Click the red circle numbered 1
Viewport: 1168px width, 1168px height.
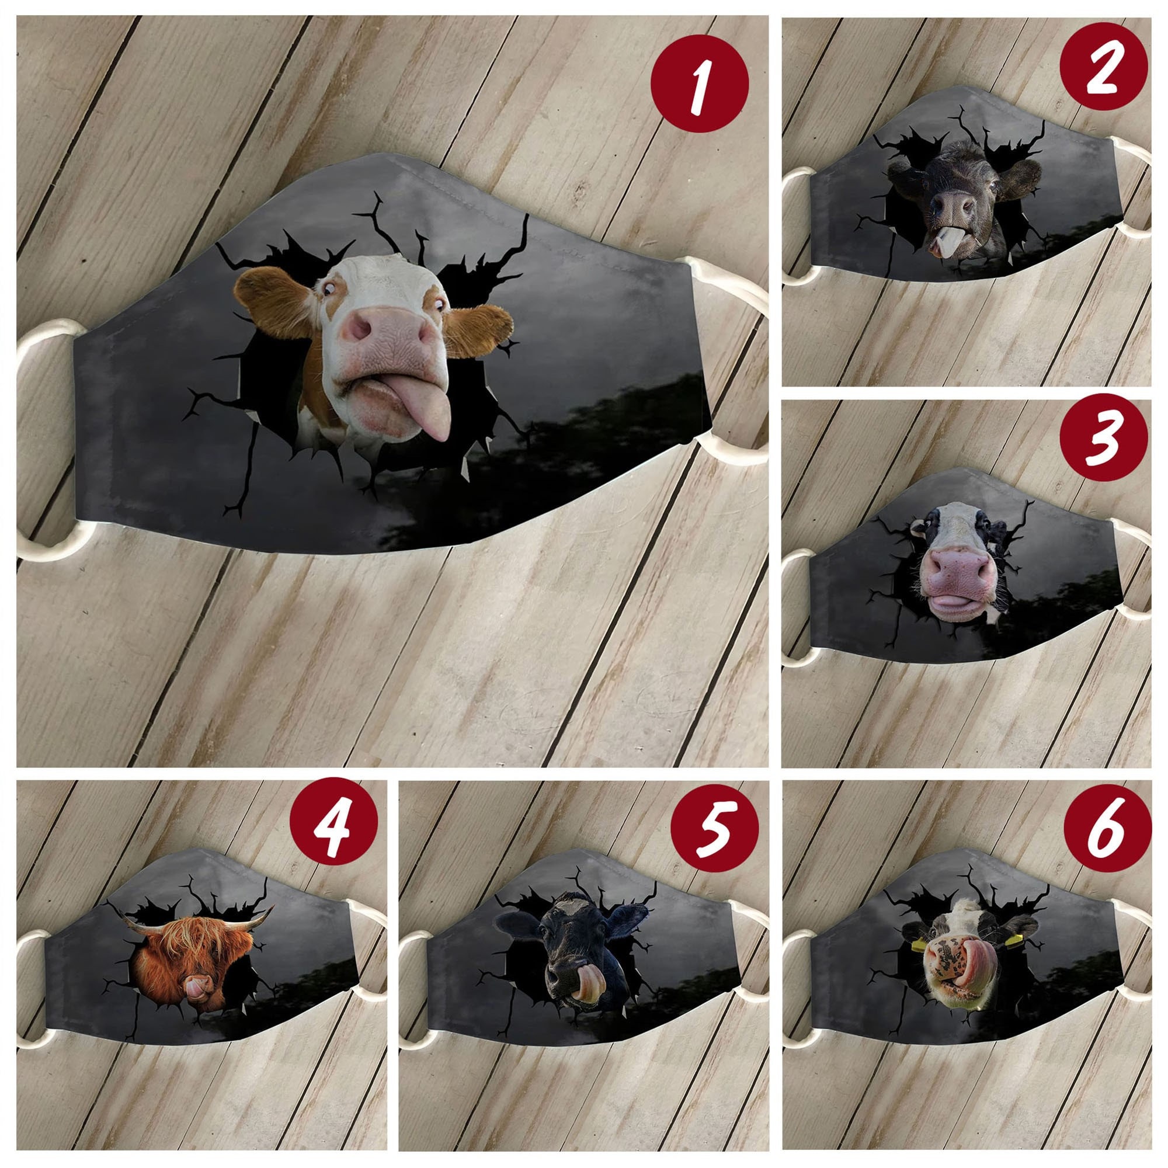click(x=700, y=83)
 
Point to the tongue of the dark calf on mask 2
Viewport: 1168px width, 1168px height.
click(x=940, y=244)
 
